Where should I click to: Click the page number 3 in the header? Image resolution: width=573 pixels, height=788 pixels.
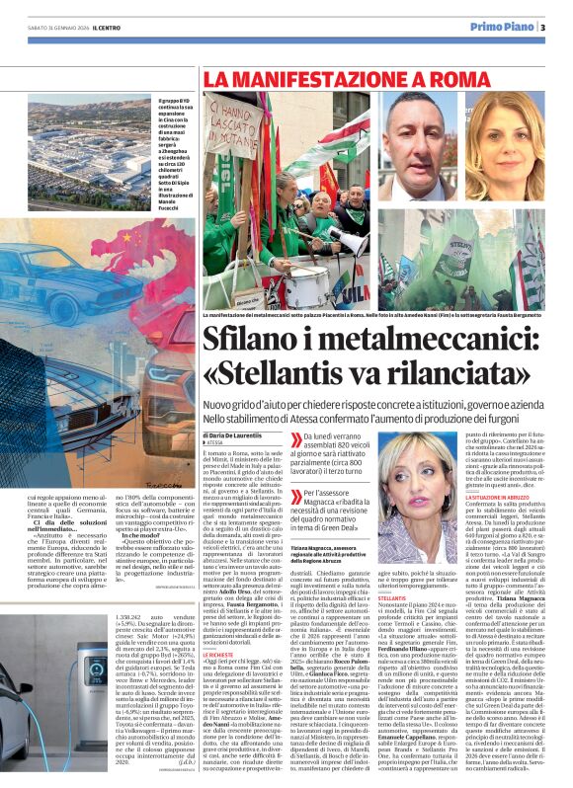[x=543, y=26]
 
